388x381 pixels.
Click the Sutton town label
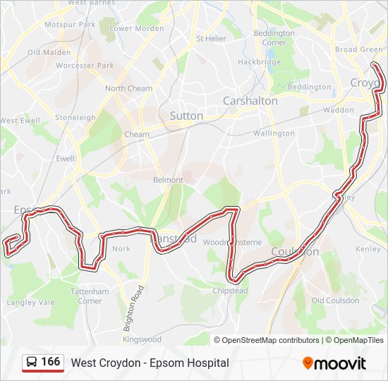(186, 116)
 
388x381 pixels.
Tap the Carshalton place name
(250, 101)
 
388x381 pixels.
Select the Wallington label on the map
(274, 133)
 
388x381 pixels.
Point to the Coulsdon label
(295, 252)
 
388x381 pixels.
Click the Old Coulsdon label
(335, 301)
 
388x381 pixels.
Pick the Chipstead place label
(231, 291)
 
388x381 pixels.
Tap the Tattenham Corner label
(90, 296)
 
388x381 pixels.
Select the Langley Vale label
(30, 303)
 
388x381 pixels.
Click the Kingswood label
(142, 339)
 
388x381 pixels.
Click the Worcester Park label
(84, 66)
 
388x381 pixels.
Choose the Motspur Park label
(70, 25)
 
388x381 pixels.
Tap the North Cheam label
(128, 89)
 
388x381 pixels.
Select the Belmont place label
(168, 180)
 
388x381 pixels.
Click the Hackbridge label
(259, 62)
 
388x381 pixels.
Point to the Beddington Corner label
(274, 37)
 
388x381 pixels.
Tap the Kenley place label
(368, 249)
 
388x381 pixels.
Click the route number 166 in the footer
(50, 362)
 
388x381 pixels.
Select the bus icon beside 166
(32, 363)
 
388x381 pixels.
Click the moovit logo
(334, 363)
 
